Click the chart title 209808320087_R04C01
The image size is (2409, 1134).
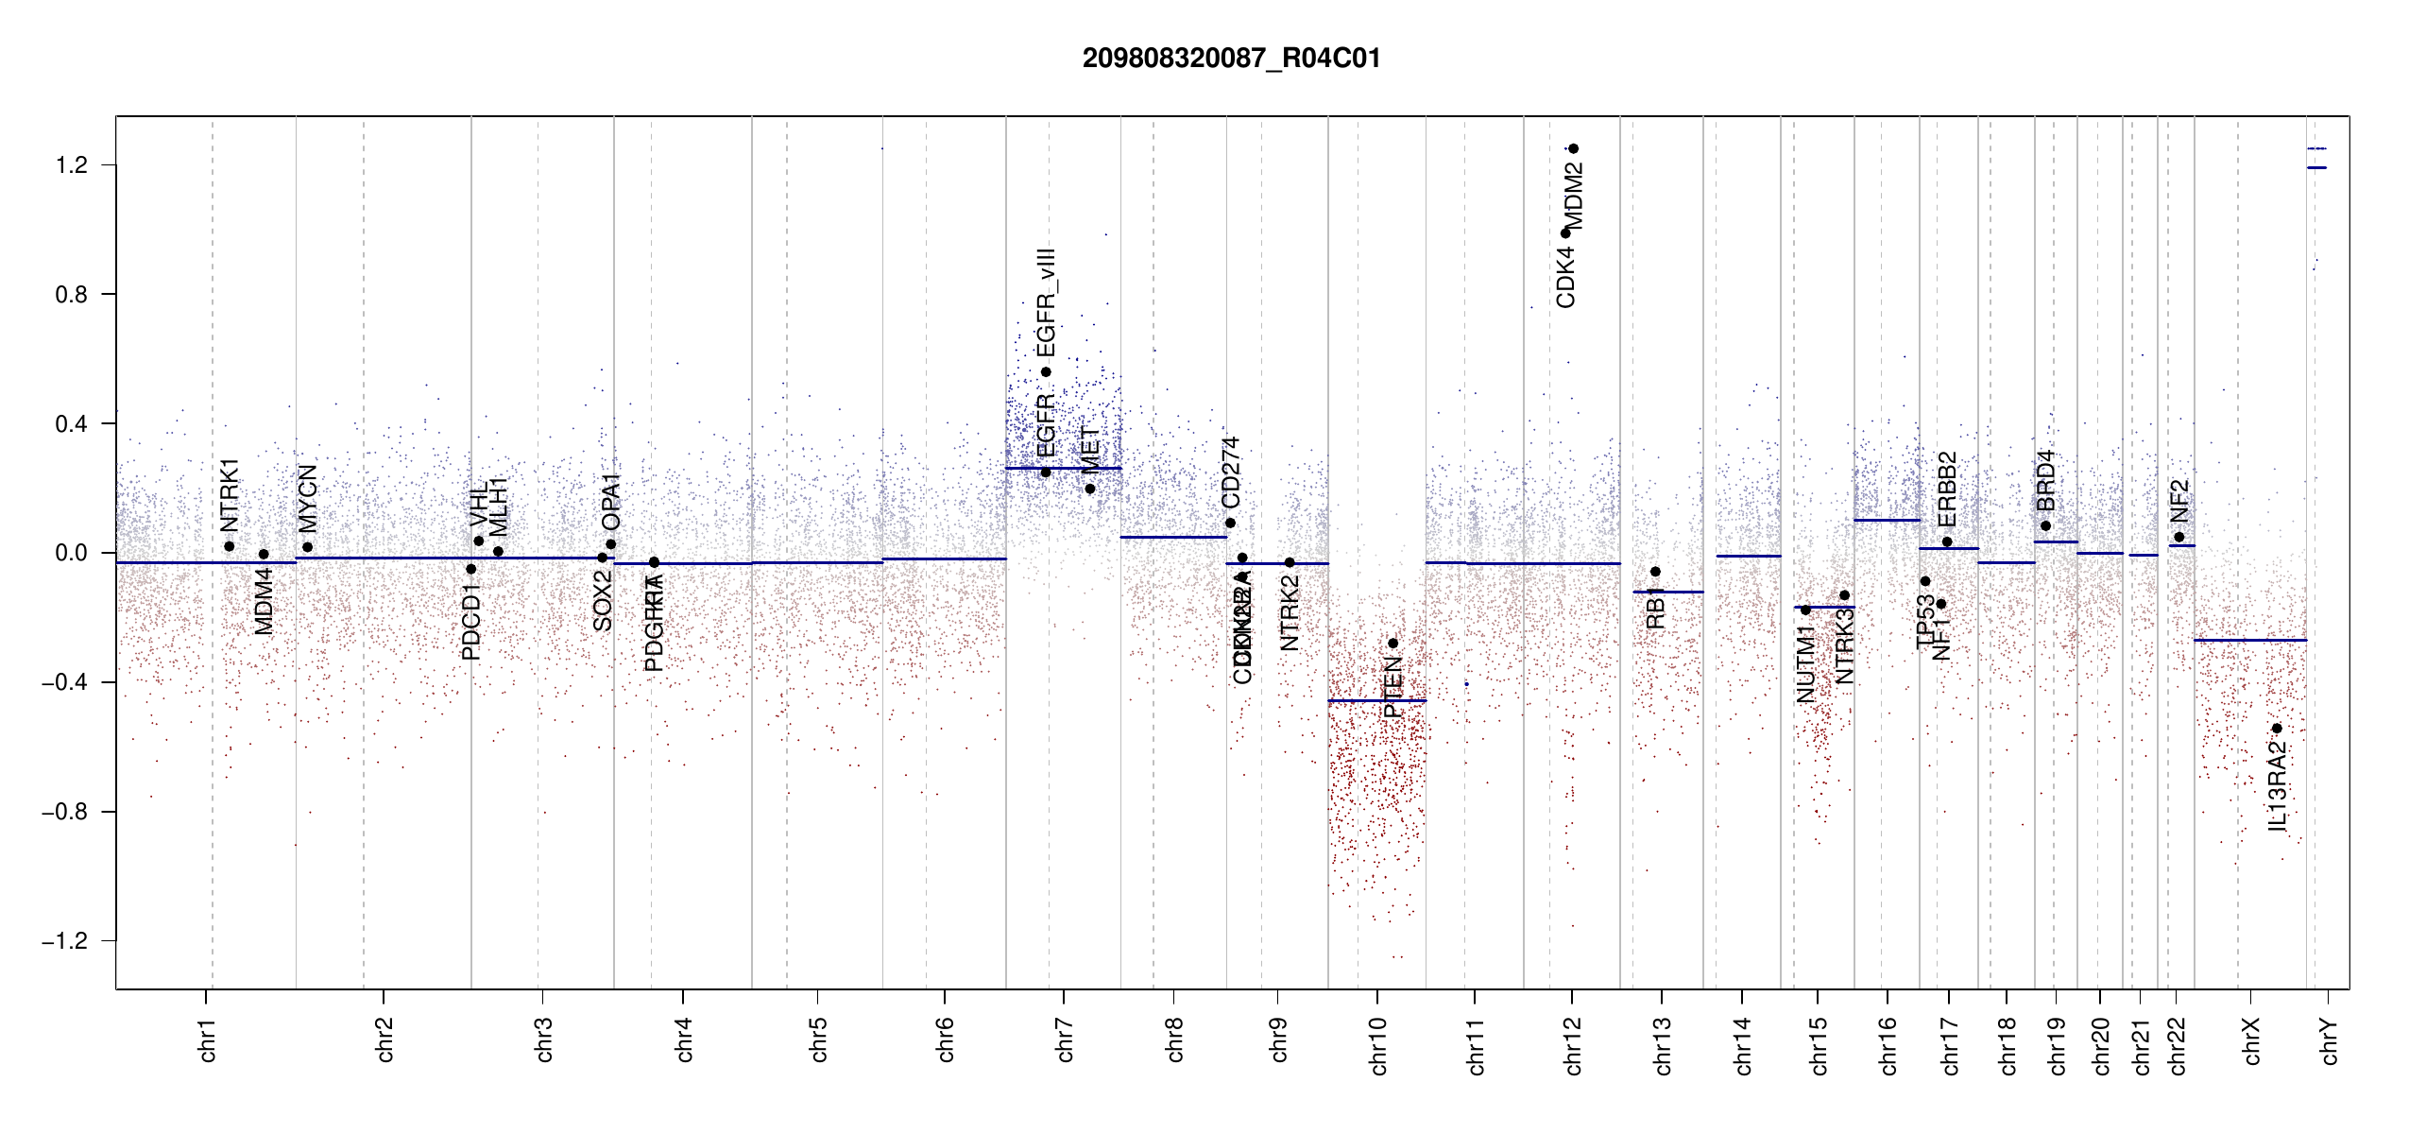coord(1231,59)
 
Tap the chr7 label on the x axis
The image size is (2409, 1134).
coord(1065,1039)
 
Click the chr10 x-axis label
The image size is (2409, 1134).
coord(1377,1045)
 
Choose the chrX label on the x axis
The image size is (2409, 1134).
coord(2251,1041)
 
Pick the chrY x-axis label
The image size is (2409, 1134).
coord(2330,1041)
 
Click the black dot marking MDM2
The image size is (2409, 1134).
coord(1574,148)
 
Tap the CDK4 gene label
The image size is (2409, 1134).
coord(1565,277)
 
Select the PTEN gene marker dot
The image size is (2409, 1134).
coord(1392,644)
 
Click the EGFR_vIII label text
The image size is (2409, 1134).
coord(1046,302)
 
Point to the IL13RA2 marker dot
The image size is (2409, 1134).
coord(2277,729)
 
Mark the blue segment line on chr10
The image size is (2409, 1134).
coord(1376,701)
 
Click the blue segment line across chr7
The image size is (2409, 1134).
coord(1063,468)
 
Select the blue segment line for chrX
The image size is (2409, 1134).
coord(2249,641)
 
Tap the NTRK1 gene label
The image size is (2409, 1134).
coord(230,494)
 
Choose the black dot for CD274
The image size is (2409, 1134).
coord(1230,524)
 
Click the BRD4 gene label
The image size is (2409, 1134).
coord(2045,480)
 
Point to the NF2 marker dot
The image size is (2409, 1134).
coord(2179,537)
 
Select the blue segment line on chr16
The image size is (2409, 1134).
coord(1887,521)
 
